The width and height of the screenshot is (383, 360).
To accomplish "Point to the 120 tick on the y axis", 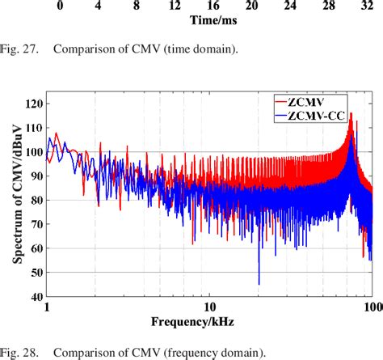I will pyautogui.click(x=33, y=104).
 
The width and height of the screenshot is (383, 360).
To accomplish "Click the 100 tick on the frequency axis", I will pyautogui.click(x=372, y=308).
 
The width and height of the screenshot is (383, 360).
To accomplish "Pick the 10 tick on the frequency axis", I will pyautogui.click(x=209, y=308).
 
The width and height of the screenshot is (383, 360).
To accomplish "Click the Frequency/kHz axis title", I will pyautogui.click(x=209, y=322).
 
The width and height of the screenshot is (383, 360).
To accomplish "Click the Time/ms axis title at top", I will pyautogui.click(x=214, y=19).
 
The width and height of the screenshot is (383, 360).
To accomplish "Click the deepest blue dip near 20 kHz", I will pyautogui.click(x=259, y=283).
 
